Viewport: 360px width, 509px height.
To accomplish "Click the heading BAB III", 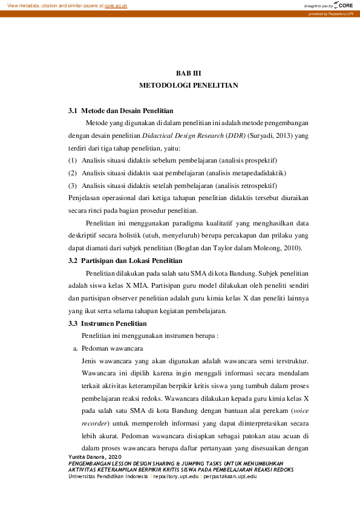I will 188,73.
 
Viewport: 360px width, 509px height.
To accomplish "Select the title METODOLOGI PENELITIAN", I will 188,85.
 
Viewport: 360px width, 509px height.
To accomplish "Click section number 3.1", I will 73,111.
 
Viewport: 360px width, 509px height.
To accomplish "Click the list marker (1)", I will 73,161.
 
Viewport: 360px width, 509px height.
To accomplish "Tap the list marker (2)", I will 73,173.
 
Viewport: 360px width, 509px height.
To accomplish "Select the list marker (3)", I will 73,186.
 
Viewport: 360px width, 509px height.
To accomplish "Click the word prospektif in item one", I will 258,161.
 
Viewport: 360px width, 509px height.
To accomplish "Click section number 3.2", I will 73,261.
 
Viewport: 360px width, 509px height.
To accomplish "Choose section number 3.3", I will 73,324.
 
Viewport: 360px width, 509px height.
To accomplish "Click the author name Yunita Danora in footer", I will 88,456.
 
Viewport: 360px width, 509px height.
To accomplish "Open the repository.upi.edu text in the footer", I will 176,476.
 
